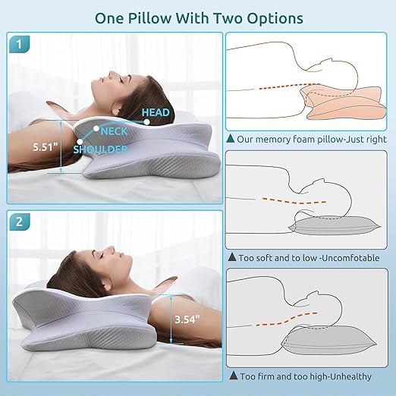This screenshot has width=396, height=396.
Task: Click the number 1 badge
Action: [x=19, y=44]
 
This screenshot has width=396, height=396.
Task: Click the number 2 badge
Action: [x=20, y=222]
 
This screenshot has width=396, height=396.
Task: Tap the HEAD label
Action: [x=156, y=112]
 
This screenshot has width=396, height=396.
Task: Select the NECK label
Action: [x=114, y=131]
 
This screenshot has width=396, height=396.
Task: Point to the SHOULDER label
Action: [x=100, y=149]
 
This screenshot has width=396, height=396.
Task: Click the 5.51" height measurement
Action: [x=46, y=147]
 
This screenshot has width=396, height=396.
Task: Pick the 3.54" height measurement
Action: [x=187, y=319]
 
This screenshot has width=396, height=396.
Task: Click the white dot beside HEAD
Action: [x=146, y=122]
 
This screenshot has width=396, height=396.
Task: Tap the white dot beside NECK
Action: [x=96, y=128]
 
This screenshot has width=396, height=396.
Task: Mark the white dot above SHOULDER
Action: [x=80, y=142]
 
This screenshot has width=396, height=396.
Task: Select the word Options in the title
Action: [x=275, y=19]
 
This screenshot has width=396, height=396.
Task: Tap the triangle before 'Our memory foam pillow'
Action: [x=231, y=138]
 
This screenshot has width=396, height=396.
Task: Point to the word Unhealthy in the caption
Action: [x=350, y=376]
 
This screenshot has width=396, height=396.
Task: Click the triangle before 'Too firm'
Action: [x=234, y=376]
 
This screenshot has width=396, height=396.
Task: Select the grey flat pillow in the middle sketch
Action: [x=335, y=225]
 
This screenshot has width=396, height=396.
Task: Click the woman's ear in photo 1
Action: [x=116, y=111]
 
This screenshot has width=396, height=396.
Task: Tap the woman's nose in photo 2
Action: [x=111, y=249]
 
